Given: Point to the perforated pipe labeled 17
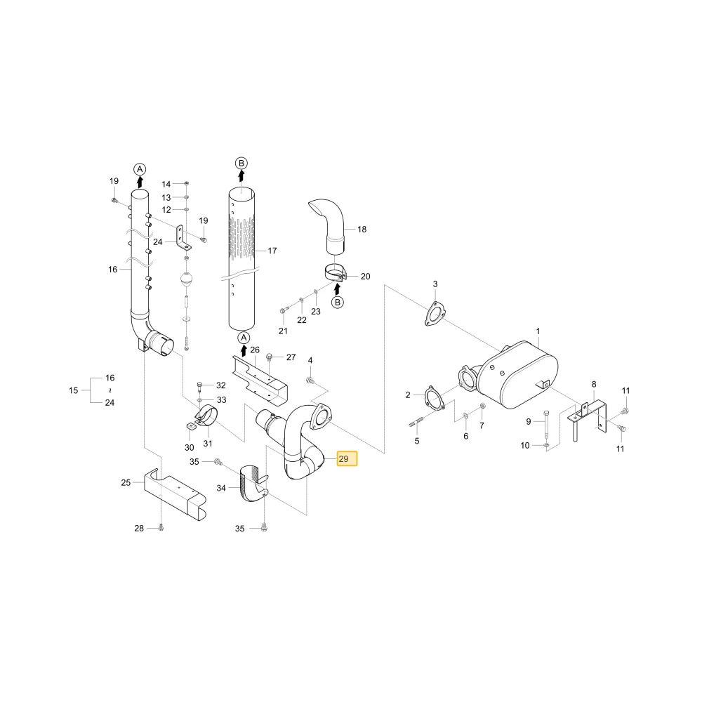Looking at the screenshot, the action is coord(241,260).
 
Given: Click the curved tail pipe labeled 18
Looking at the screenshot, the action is coord(329,226).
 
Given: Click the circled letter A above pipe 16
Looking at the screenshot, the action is coord(140,169).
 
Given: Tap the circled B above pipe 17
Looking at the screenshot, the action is coord(241,163).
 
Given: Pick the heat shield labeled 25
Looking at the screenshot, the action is coord(175,494).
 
